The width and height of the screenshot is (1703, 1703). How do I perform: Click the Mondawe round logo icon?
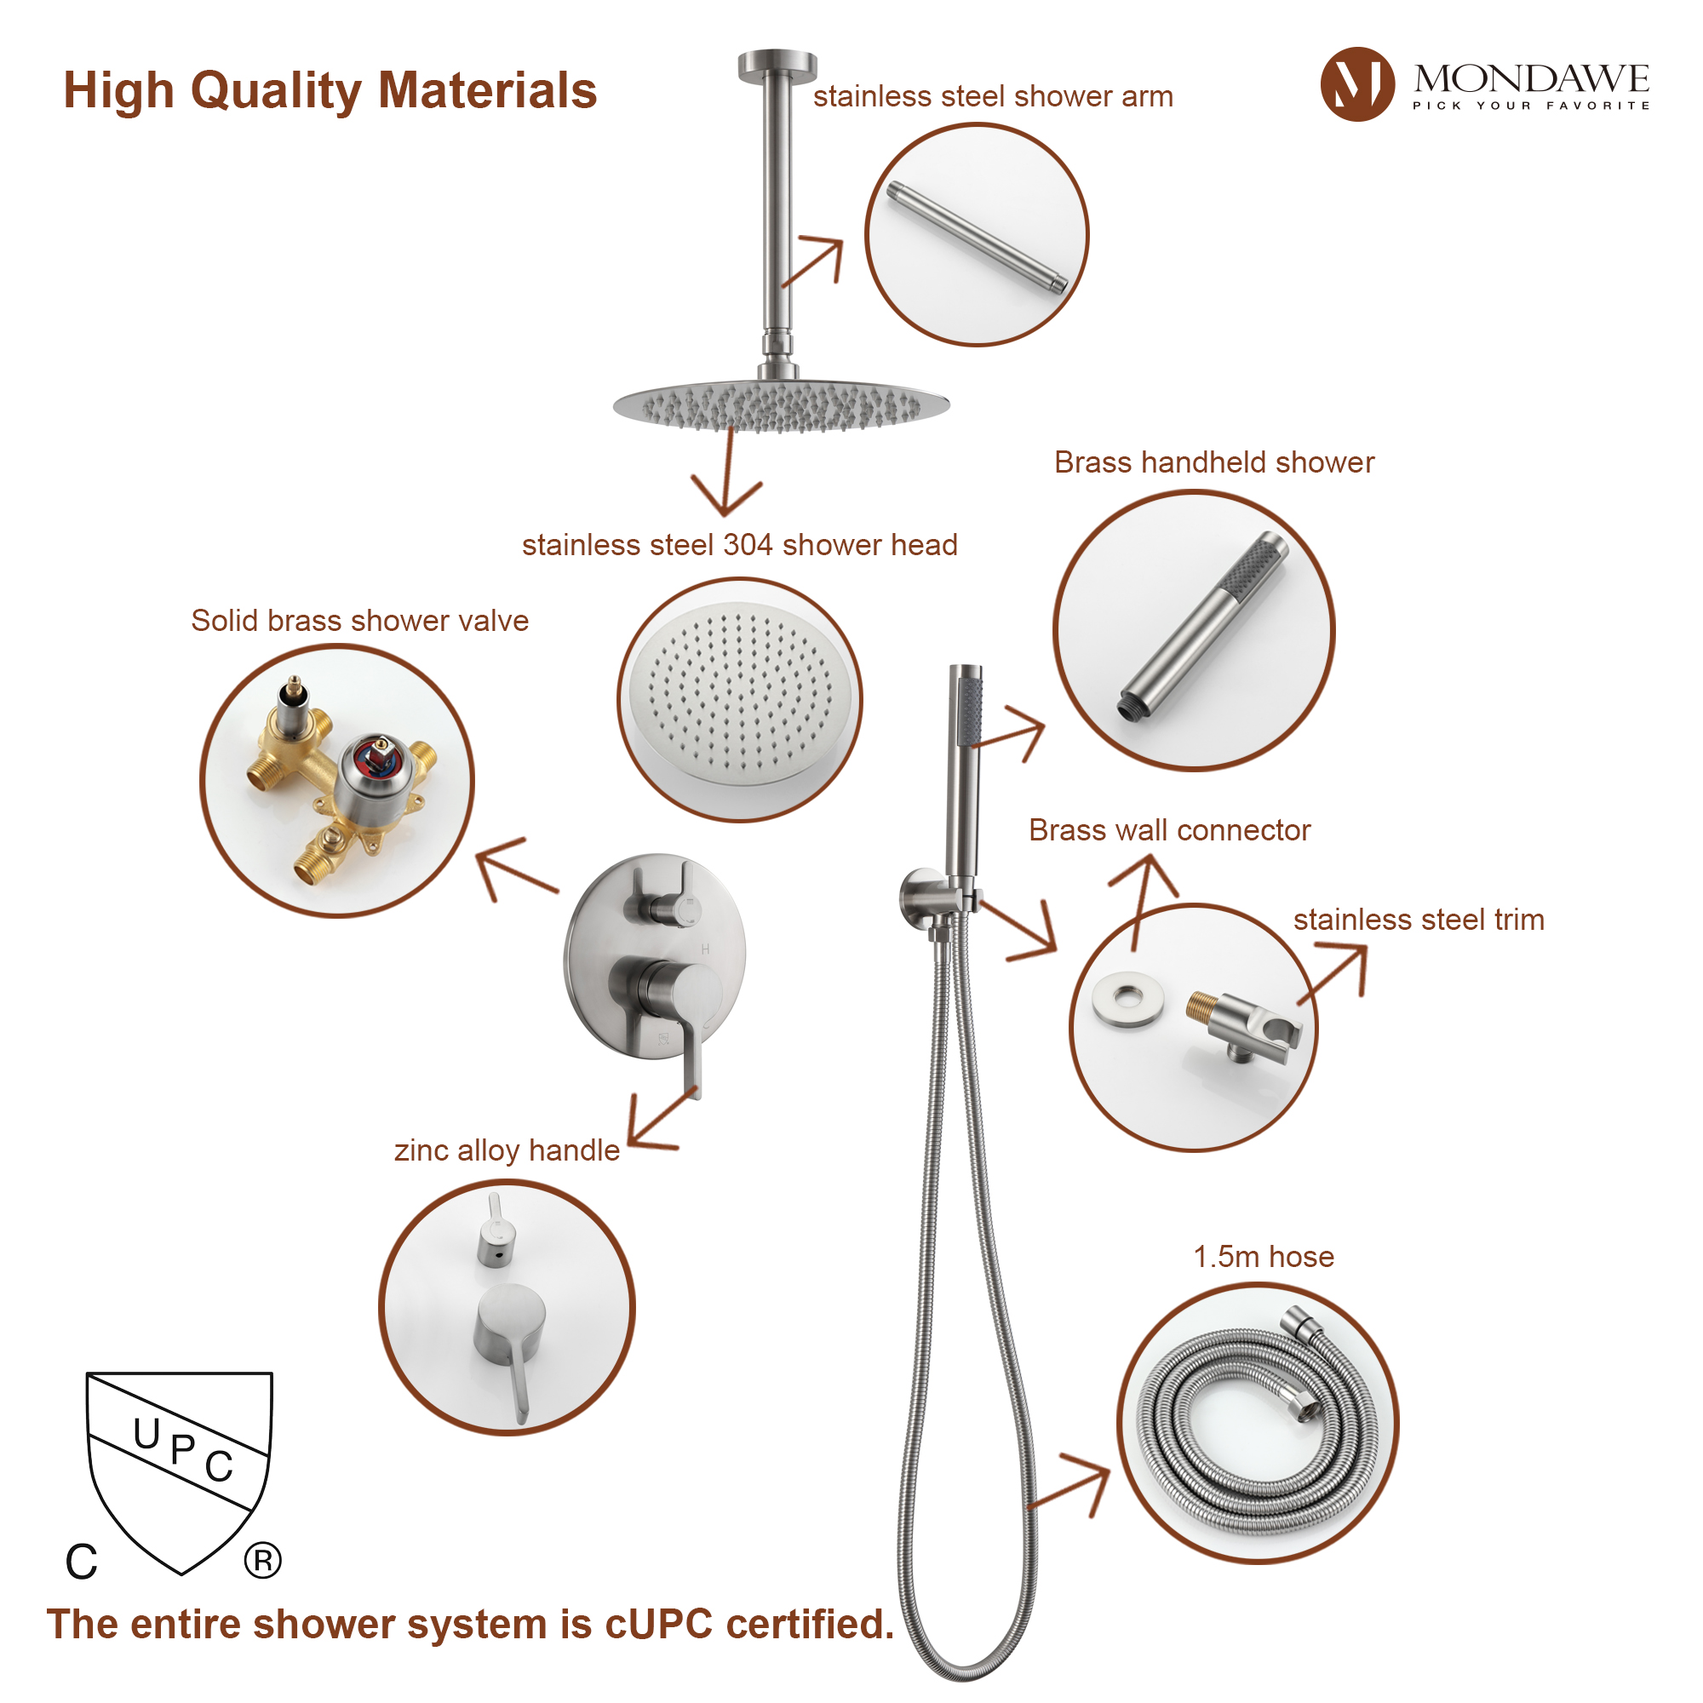click(1356, 84)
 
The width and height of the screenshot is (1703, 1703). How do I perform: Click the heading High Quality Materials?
click(330, 91)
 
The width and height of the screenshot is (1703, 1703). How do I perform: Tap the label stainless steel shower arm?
click(993, 96)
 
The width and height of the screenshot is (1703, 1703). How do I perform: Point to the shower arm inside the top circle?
click(977, 236)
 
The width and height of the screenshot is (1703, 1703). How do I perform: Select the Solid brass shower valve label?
click(359, 621)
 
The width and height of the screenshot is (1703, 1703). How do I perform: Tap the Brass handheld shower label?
click(1213, 462)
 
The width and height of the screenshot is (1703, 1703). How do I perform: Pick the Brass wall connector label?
click(1169, 830)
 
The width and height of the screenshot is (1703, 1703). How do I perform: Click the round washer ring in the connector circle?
click(1127, 1000)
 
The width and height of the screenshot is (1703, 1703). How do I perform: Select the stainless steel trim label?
click(1419, 920)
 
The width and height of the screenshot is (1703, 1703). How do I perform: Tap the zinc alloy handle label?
click(506, 1150)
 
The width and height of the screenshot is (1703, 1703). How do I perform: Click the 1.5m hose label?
click(1263, 1256)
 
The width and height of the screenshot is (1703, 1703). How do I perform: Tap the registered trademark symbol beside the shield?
click(262, 1560)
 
